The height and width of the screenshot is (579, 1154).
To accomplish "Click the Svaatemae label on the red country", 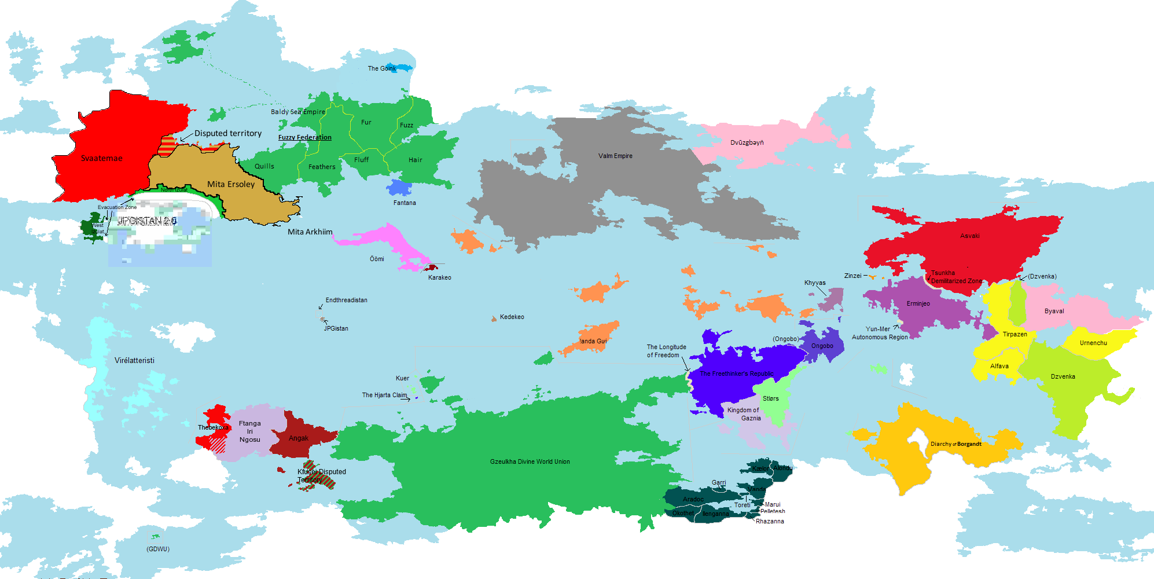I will [x=102, y=158].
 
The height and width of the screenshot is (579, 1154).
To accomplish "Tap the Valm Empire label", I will [x=615, y=156].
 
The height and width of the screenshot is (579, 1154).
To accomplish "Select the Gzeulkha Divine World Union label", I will [x=530, y=461].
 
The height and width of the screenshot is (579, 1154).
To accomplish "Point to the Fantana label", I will [x=405, y=203].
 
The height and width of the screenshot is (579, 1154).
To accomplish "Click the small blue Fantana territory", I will [x=399, y=188].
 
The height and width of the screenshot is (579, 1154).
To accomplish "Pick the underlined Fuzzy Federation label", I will [x=305, y=137].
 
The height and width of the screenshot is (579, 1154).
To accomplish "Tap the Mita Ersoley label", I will [x=231, y=184].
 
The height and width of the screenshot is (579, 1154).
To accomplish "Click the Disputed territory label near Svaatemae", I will [x=228, y=133].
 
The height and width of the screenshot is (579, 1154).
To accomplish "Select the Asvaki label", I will [x=970, y=236].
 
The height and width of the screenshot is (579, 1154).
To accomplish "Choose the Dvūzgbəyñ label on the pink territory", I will [x=747, y=142].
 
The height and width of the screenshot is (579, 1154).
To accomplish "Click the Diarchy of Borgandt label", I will [x=955, y=444].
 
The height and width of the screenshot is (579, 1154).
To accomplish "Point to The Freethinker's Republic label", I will [x=736, y=373].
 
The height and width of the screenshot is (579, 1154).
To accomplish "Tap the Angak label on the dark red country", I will [x=299, y=438].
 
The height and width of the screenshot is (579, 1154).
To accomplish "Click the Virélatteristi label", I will [x=134, y=360].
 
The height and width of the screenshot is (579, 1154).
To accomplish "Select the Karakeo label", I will [x=440, y=277].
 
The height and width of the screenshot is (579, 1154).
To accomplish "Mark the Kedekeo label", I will [x=512, y=317].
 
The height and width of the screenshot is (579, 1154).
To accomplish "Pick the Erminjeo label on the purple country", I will [x=918, y=303].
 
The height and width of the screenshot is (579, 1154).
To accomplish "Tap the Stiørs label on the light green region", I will [x=771, y=398].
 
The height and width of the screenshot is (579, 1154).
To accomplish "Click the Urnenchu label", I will [x=1093, y=343].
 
